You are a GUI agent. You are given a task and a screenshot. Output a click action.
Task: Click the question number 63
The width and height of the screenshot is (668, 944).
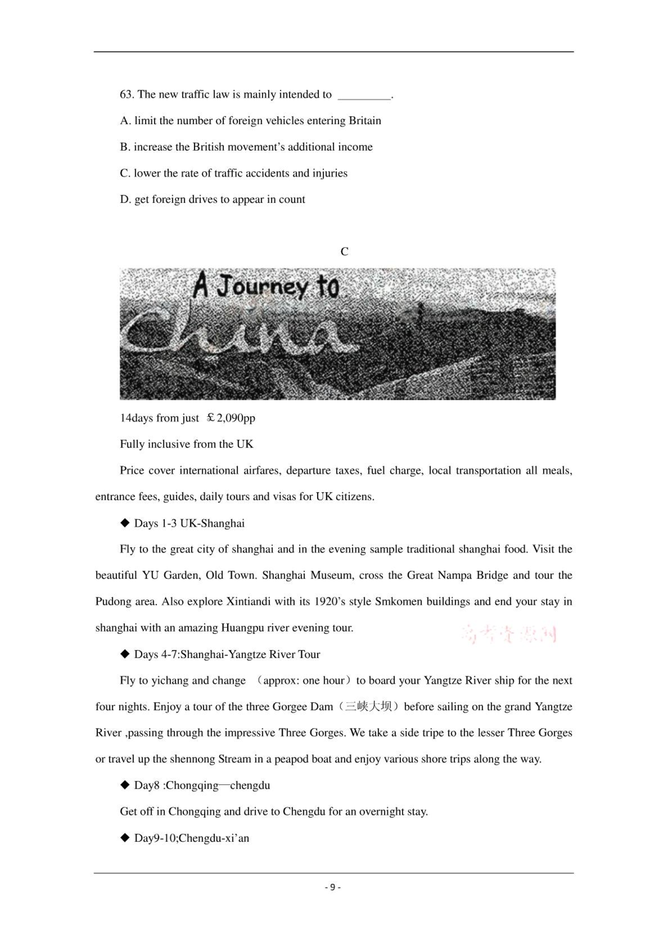coord(127,94)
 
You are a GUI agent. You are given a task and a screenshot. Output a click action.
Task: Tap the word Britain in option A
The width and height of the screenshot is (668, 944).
coord(365,121)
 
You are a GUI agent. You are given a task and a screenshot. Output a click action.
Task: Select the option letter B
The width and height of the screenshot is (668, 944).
coord(124,147)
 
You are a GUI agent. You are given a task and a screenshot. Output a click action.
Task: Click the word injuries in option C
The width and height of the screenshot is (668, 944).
coord(330,173)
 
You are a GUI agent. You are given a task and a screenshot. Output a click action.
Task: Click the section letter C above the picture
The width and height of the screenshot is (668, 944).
coord(344,252)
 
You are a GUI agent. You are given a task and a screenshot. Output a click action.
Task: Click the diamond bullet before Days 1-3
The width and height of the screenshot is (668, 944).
coord(125,523)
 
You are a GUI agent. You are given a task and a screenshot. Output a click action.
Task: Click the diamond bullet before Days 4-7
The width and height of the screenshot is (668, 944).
coord(125,654)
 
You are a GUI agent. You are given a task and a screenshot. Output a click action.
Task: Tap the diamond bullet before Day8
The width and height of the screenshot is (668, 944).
coord(125,785)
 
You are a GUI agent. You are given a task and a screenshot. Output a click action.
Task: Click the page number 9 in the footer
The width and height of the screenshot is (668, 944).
coord(333,887)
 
